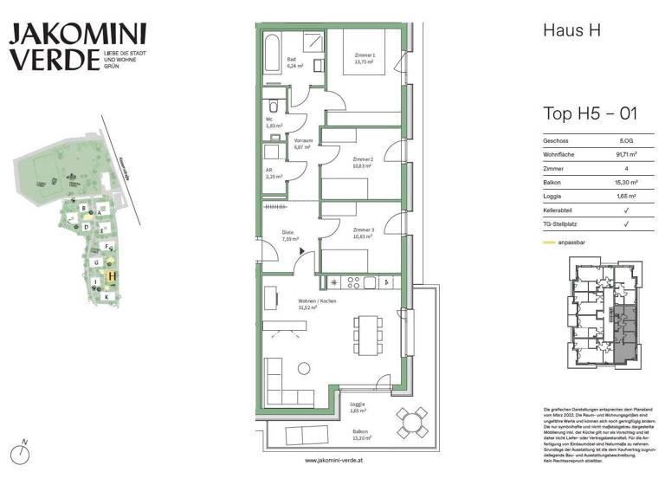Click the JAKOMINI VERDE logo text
[78, 47]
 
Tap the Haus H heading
[571, 30]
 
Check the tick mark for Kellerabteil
[625, 210]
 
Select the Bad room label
[292, 60]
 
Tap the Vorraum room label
[303, 141]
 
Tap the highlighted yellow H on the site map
[112, 276]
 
